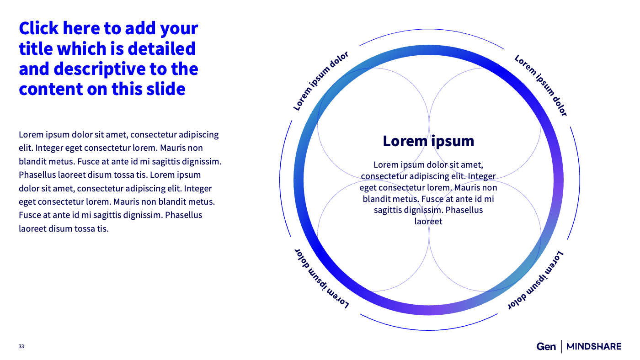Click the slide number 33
click(21, 347)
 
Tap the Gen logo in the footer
click(546, 347)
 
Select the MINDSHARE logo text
click(594, 347)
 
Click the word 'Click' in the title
click(39, 28)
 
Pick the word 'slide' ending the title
click(167, 89)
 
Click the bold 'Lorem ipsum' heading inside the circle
click(428, 141)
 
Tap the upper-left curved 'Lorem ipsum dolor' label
click(320, 81)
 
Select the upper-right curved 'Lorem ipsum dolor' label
click(541, 85)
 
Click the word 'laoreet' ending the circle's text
click(428, 222)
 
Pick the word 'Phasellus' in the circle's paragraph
click(464, 210)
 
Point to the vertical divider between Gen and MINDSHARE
click(561, 347)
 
